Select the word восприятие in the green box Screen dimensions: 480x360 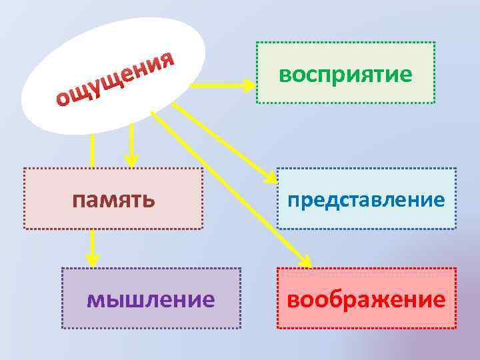[345, 74]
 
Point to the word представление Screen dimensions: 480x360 [366, 199]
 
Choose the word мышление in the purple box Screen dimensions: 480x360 [151, 299]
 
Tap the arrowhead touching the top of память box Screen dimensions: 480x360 [132, 160]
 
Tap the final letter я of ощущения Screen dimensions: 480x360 [167, 60]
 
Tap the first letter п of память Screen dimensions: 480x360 [79, 199]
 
